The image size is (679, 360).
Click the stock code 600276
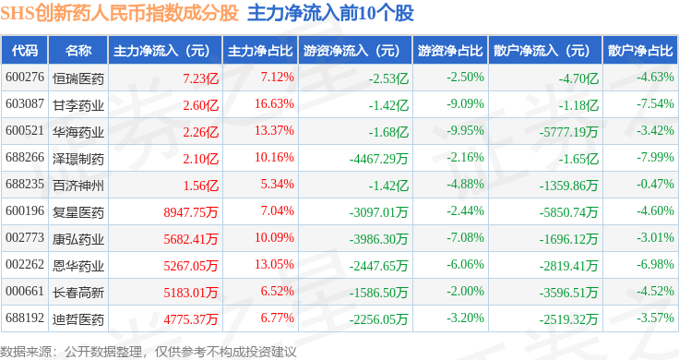click(x=25, y=78)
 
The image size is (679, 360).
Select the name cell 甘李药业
click(x=78, y=105)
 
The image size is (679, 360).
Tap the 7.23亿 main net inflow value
click(x=200, y=78)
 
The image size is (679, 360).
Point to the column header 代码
click(x=25, y=51)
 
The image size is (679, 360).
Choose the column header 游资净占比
click(x=450, y=51)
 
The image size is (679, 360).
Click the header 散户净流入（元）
click(x=545, y=51)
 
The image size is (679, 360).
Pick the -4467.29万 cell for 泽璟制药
click(x=378, y=159)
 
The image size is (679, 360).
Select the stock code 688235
click(x=25, y=184)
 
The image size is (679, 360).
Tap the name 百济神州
click(x=78, y=186)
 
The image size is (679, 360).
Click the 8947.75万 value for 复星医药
click(x=191, y=212)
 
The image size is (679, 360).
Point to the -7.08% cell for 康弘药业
click(x=465, y=238)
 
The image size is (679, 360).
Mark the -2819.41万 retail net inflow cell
click(x=568, y=266)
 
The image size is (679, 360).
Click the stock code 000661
click(x=25, y=291)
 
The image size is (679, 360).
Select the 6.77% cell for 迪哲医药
click(x=277, y=318)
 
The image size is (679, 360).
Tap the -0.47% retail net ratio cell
click(x=655, y=184)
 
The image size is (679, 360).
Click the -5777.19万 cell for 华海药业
click(x=568, y=132)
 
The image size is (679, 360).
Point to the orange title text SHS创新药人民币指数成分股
click(x=120, y=13)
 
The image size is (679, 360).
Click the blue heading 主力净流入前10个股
click(x=331, y=13)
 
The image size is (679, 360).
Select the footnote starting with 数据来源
click(x=149, y=352)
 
